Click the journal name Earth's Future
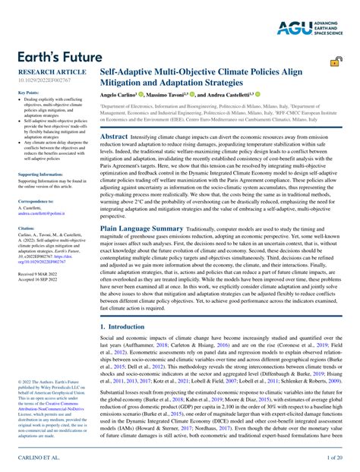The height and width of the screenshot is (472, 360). pos(55,58)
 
